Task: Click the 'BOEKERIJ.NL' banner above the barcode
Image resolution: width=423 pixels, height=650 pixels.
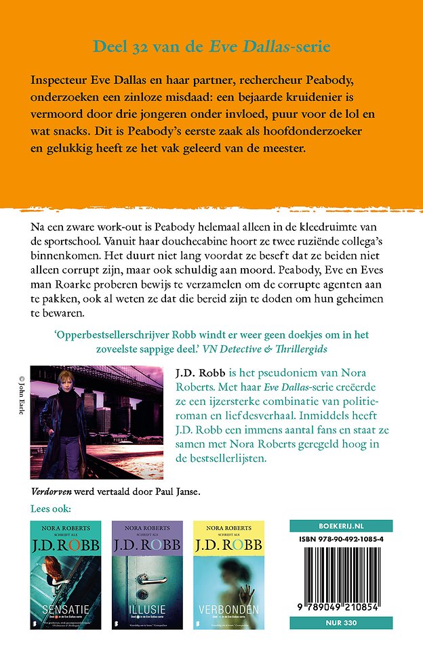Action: (341, 525)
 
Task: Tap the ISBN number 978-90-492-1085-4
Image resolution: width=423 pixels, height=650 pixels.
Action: (341, 539)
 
